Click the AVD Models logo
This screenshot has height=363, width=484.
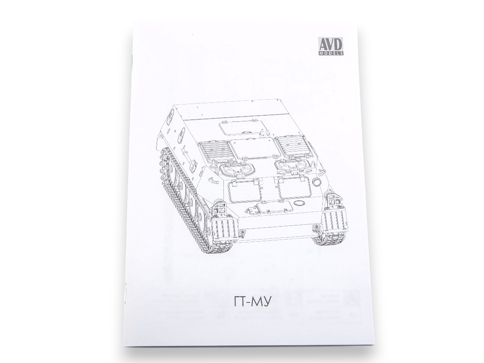point(330,49)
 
